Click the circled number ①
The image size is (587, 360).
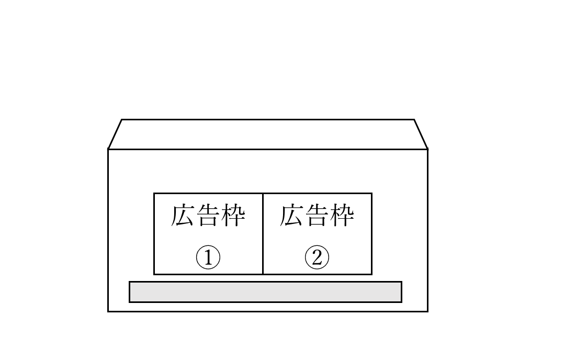click(208, 257)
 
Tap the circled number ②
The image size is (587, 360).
click(317, 257)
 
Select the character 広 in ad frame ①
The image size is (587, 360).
click(183, 216)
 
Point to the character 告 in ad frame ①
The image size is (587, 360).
click(208, 216)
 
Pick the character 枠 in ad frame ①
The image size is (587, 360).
click(233, 216)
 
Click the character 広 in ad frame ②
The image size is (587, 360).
click(291, 216)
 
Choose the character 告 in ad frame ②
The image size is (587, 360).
click(317, 216)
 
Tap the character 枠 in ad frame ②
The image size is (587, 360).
click(342, 216)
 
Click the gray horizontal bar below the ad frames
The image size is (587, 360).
click(265, 292)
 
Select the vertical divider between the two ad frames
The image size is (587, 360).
click(263, 234)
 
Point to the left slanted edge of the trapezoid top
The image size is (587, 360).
click(115, 134)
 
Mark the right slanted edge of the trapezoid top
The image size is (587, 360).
click(421, 134)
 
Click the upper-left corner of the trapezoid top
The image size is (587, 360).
click(122, 119)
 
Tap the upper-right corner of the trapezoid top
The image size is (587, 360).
click(414, 119)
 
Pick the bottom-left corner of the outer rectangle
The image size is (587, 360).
click(108, 311)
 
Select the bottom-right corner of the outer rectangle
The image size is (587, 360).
click(427, 311)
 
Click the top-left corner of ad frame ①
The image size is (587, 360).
click(154, 193)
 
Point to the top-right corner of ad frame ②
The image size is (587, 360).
click(372, 193)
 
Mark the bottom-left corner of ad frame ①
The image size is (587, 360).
click(154, 274)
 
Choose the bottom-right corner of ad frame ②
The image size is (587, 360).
click(372, 274)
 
